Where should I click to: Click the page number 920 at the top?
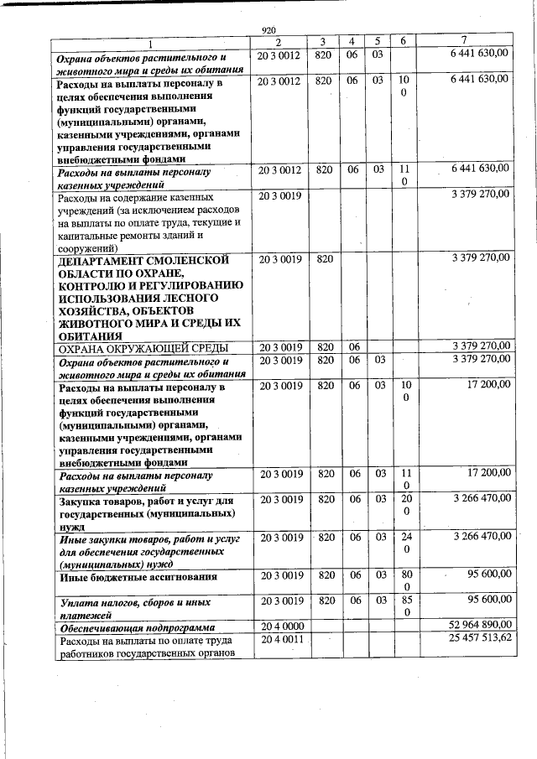coord(268,29)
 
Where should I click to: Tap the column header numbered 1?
coord(151,42)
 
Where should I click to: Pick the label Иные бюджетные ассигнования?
coord(138,577)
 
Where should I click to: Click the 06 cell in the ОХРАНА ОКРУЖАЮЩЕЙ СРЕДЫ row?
coord(354,347)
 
